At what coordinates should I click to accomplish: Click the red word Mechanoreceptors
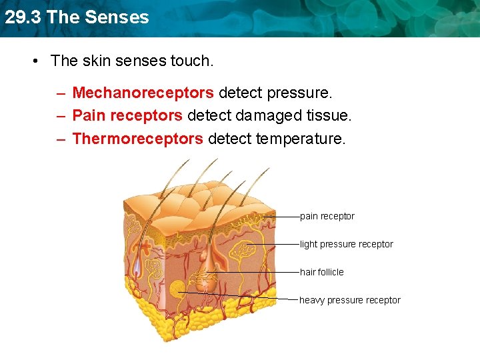(x=143, y=93)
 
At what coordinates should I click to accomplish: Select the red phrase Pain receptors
(x=127, y=116)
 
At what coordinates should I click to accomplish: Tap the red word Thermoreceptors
(x=137, y=139)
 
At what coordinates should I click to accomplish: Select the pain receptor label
(x=327, y=216)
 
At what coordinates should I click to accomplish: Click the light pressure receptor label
(x=347, y=244)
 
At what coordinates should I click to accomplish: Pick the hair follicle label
(x=322, y=272)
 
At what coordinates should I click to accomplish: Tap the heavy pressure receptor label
(x=350, y=300)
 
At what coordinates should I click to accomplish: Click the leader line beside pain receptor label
(x=283, y=216)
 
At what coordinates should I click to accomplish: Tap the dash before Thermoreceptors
(x=61, y=139)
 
